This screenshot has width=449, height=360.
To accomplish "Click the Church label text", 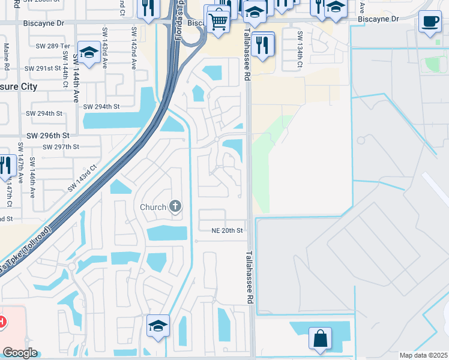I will pyautogui.click(x=153, y=208).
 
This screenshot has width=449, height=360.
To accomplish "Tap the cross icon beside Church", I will pyautogui.click(x=175, y=207).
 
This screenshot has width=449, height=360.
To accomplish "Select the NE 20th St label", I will pyautogui.click(x=228, y=230).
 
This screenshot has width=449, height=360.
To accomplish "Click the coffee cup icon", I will pyautogui.click(x=429, y=22).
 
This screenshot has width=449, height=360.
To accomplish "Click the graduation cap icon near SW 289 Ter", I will pyautogui.click(x=89, y=52).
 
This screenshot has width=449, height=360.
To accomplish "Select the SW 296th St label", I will pyautogui.click(x=47, y=136).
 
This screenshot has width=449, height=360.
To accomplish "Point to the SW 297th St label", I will pyautogui.click(x=61, y=147).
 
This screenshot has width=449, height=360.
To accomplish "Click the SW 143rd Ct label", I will pyautogui.click(x=82, y=178).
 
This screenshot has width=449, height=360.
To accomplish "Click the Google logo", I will pyautogui.click(x=20, y=353).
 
